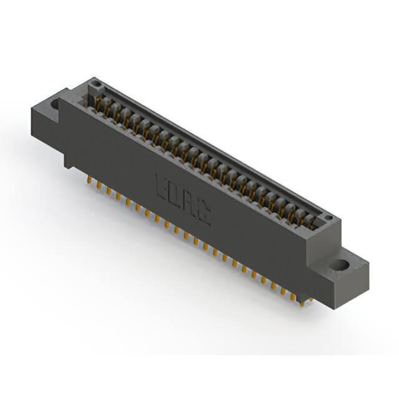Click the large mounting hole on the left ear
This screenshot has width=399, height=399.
[x=55, y=104]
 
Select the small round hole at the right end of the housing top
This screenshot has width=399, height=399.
[x=329, y=218]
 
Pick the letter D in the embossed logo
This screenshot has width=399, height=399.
[x=176, y=195]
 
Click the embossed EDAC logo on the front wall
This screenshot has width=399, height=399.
[x=183, y=199]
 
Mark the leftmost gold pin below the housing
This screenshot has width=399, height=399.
[x=89, y=180]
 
